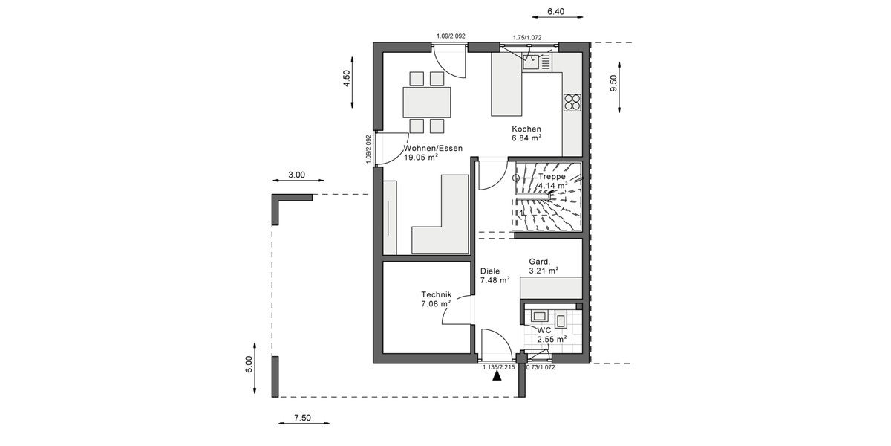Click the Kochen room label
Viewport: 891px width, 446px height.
[x=526, y=129]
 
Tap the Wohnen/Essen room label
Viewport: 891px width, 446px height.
[x=433, y=148]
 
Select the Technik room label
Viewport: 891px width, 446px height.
[x=436, y=294]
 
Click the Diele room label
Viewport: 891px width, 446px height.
[x=490, y=271]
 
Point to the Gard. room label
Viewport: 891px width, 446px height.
[x=539, y=262]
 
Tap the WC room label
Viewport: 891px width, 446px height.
[x=544, y=329]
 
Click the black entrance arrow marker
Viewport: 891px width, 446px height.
[x=497, y=375]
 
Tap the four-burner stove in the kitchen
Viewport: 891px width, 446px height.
[x=572, y=102]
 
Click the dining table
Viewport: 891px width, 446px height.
[x=426, y=101]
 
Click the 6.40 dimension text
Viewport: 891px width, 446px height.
[x=556, y=11]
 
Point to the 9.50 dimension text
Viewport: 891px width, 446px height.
[x=613, y=83]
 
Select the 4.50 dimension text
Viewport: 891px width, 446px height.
[x=345, y=79]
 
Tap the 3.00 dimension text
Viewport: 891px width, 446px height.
[x=296, y=175]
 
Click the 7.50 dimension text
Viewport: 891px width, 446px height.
[x=302, y=418]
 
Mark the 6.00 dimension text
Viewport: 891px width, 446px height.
[x=249, y=364]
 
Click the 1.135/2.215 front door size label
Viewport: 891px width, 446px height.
[x=497, y=366]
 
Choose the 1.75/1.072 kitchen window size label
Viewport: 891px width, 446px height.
[x=527, y=36]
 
